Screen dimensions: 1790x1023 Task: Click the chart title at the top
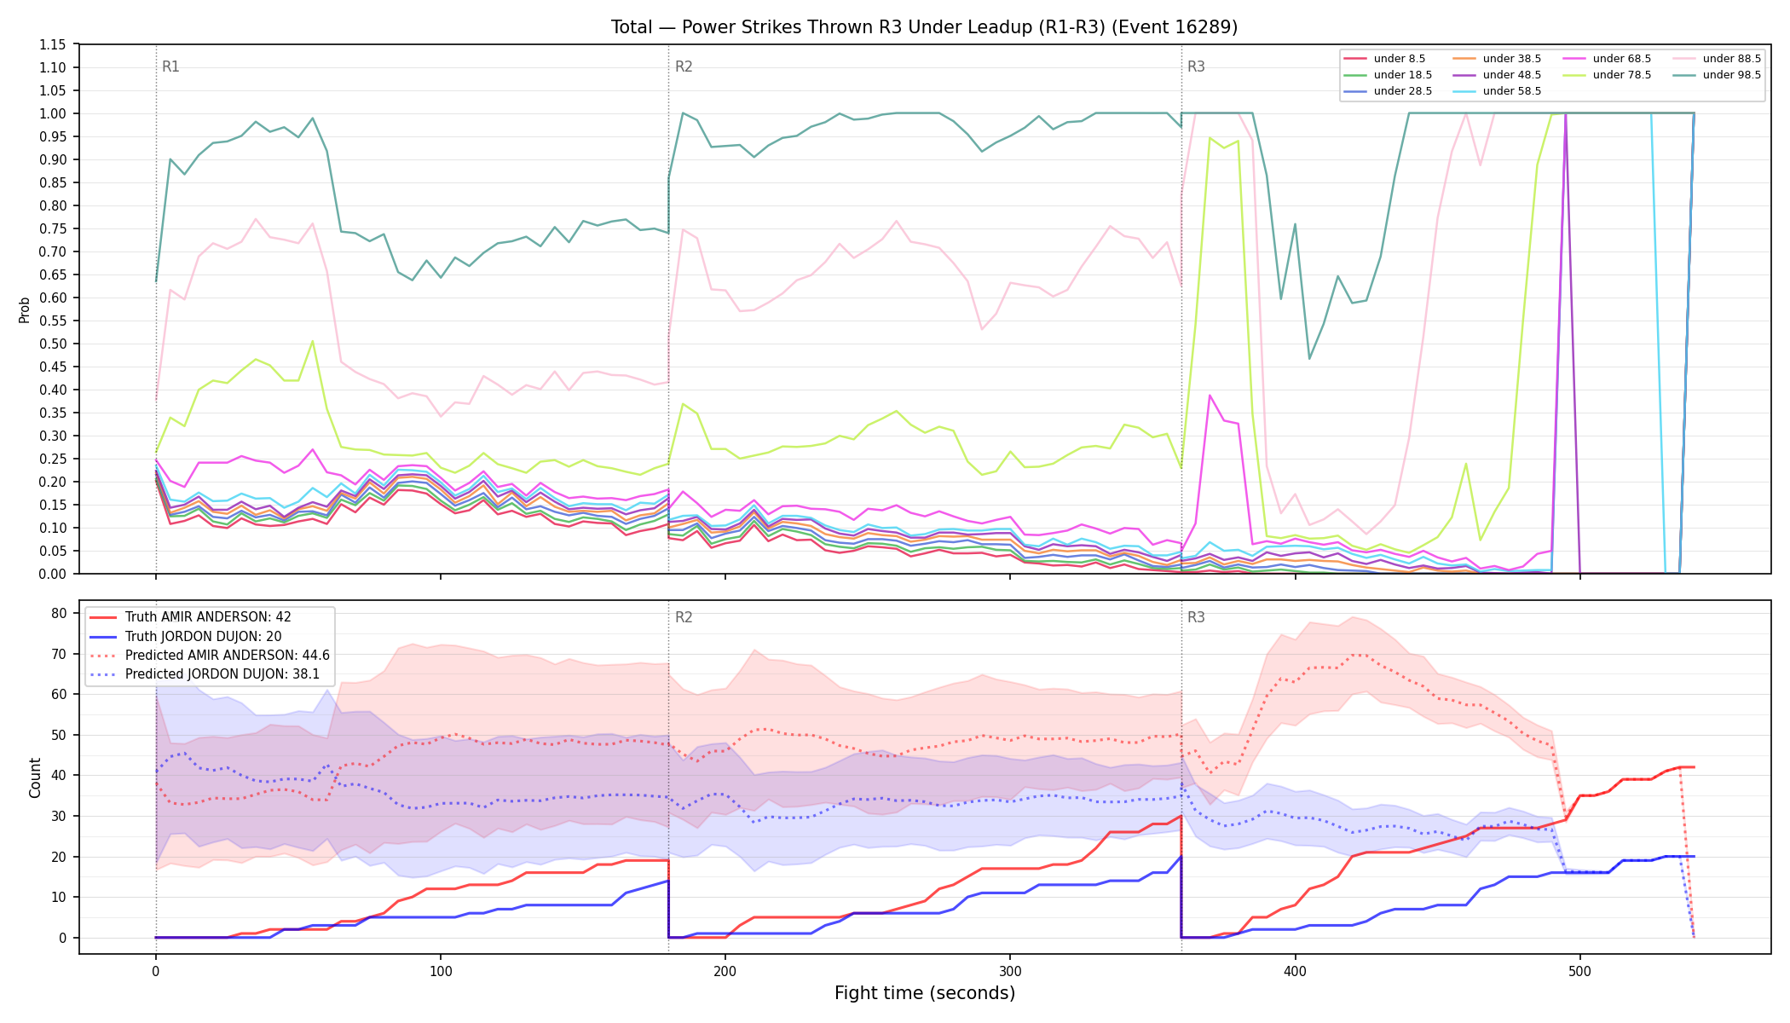tap(924, 27)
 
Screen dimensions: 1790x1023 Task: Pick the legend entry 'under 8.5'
tap(1385, 59)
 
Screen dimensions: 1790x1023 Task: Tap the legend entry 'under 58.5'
tap(1498, 91)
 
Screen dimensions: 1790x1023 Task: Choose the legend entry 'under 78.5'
tap(1608, 75)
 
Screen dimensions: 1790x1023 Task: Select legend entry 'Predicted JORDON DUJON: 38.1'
tap(210, 674)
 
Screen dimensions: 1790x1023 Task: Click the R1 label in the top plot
tap(170, 66)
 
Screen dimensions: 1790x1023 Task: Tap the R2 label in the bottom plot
tap(684, 617)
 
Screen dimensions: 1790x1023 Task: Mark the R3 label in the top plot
tap(1196, 66)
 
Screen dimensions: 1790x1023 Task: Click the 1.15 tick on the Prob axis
tap(53, 44)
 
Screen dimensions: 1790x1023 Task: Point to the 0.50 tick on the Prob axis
tap(53, 344)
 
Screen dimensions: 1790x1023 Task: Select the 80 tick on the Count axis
tap(59, 613)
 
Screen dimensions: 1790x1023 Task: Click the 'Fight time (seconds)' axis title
tap(925, 993)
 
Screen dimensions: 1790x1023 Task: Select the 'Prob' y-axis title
tap(24, 309)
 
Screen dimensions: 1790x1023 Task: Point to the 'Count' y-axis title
tap(35, 777)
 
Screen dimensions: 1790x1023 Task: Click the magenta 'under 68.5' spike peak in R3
tap(1210, 395)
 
